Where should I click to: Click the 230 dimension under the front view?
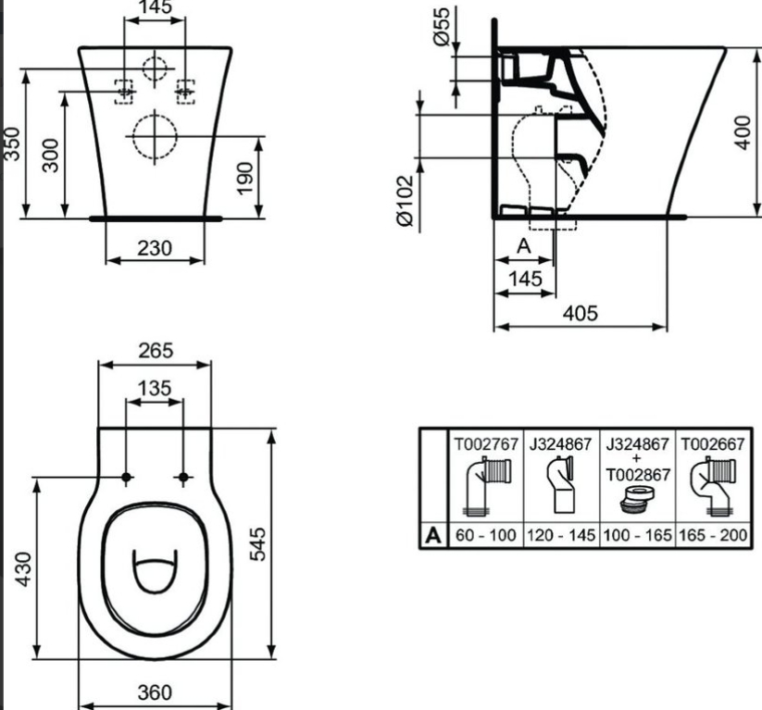[155, 248]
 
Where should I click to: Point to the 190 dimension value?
[245, 179]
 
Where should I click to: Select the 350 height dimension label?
[11, 143]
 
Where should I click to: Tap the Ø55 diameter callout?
[442, 27]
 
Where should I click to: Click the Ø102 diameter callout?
[405, 201]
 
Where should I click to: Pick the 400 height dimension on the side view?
[742, 132]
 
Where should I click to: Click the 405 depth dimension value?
[580, 314]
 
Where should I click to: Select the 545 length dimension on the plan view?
[258, 543]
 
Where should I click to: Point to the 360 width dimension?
[155, 692]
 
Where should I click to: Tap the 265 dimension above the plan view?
[156, 351]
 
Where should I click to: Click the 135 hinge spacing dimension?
[155, 388]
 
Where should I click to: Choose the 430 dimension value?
[24, 569]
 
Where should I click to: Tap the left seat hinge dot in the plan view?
[126, 478]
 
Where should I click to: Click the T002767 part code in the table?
[486, 444]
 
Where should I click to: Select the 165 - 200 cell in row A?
[712, 535]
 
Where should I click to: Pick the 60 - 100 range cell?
[485, 535]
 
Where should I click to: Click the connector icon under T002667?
[712, 488]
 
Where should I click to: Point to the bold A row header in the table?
[433, 536]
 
